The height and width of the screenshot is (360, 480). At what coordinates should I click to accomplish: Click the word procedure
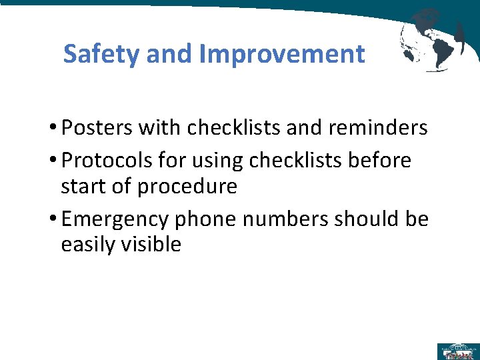coord(187,187)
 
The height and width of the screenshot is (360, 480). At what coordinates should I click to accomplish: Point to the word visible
coord(151,245)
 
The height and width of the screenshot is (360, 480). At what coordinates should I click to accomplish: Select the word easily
coord(88,245)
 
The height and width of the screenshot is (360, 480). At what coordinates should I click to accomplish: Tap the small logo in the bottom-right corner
coord(457,351)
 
